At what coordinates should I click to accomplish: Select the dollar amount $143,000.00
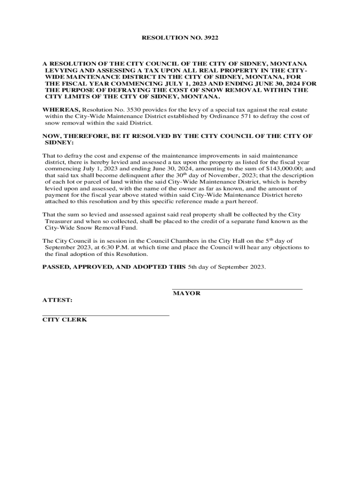click(x=283, y=169)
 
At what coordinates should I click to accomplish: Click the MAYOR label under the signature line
click(x=187, y=293)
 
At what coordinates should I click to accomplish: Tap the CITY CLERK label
click(x=65, y=320)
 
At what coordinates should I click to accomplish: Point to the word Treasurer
click(x=59, y=221)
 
